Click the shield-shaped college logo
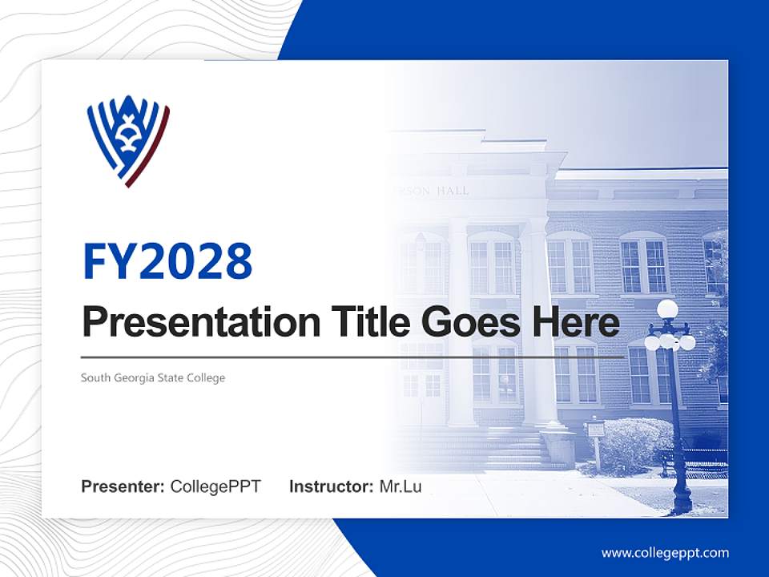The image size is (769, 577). tap(128, 141)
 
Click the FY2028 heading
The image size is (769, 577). tap(167, 260)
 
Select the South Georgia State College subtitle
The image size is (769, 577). tap(153, 377)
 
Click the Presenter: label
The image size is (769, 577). tap(123, 486)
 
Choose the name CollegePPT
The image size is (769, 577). tap(215, 486)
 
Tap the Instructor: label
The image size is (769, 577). tap(331, 486)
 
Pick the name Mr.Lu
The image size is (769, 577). tap(401, 486)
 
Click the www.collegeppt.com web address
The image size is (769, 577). tap(665, 553)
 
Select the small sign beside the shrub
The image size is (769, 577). tap(595, 430)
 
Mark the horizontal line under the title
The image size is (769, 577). tap(352, 357)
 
